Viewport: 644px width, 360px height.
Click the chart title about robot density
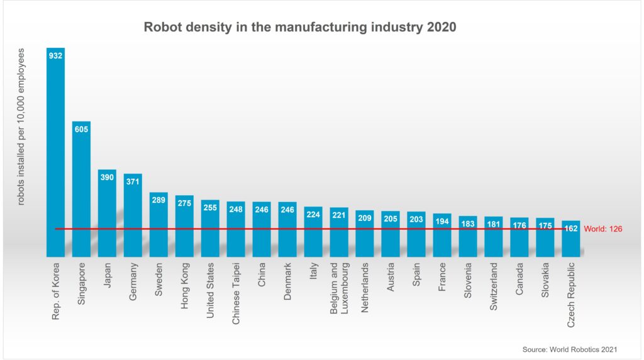coord(300,27)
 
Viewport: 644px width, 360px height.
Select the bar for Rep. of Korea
coord(55,151)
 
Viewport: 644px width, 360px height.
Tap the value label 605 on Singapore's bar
coord(81,130)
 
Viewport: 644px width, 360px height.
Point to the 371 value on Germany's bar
coord(133,181)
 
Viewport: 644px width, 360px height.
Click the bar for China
coord(262,229)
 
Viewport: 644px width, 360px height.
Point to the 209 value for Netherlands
coord(365,218)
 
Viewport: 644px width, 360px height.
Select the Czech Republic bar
coord(571,239)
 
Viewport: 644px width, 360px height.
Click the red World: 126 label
coord(602,229)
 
